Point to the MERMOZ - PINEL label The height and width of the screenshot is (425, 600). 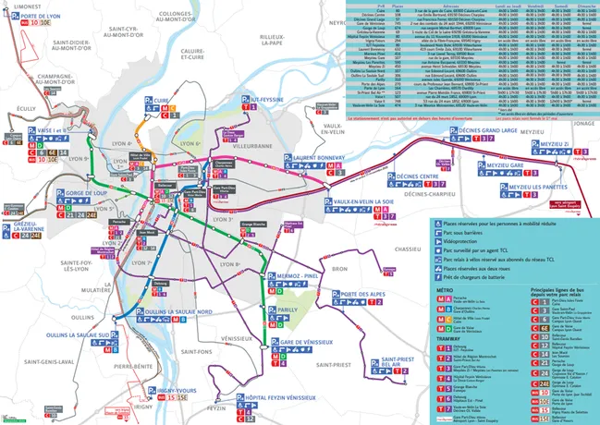tap(300, 276)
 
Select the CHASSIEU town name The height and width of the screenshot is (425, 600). tap(407, 249)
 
